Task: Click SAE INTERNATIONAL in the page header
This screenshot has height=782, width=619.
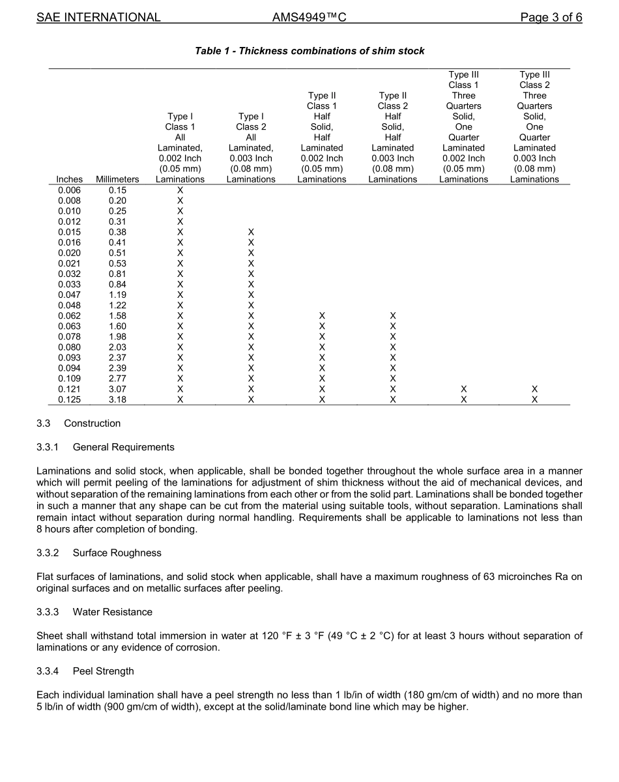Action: [x=98, y=18]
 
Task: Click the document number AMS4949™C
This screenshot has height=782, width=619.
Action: [x=309, y=18]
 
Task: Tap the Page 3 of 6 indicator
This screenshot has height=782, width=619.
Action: [x=551, y=18]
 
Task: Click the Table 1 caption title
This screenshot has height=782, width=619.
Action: [x=309, y=51]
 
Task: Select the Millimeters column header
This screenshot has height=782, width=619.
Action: [x=117, y=179]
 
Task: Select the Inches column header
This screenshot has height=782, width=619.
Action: [x=70, y=179]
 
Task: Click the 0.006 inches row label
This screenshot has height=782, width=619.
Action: [x=70, y=190]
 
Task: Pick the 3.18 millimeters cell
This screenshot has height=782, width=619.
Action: [x=117, y=399]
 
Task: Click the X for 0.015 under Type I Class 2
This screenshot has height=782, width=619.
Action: [x=251, y=232]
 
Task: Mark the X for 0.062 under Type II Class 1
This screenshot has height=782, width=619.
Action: [x=322, y=316]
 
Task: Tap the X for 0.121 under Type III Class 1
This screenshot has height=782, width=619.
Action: [x=463, y=389]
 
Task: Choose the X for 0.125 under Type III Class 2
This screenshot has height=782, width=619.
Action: [x=534, y=399]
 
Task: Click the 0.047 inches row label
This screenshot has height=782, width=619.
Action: [x=70, y=295]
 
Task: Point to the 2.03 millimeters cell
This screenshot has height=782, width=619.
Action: [x=117, y=347]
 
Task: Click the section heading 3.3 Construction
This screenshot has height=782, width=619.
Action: [x=78, y=424]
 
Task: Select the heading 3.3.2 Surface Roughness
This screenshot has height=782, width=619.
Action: [x=99, y=553]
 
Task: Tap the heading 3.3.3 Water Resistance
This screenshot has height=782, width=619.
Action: [x=94, y=612]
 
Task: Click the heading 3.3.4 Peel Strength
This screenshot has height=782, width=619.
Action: [x=85, y=671]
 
